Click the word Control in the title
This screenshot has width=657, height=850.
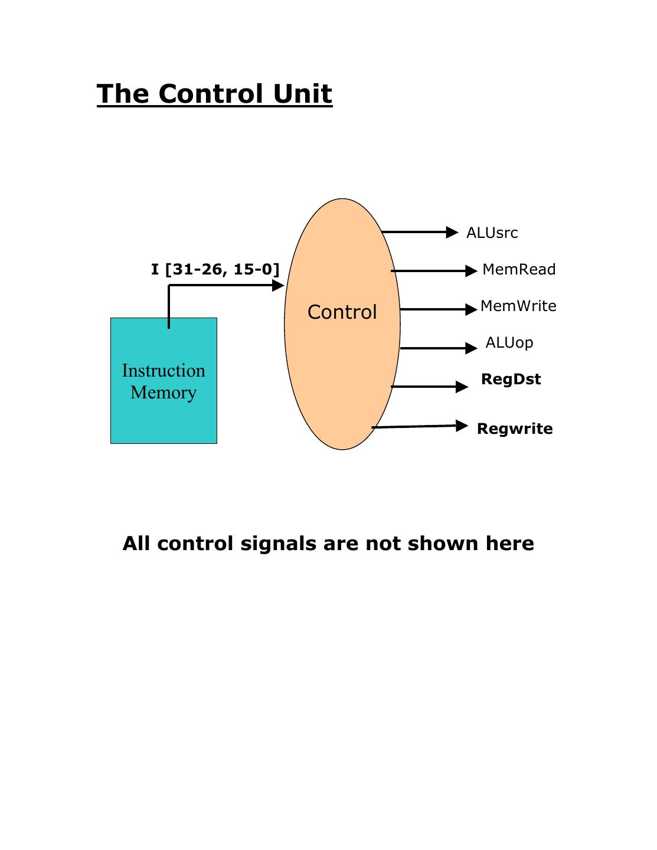pos(211,94)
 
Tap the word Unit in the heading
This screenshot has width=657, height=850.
pos(303,94)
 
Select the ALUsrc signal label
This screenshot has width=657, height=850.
pos(492,233)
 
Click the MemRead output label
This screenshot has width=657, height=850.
pos(519,270)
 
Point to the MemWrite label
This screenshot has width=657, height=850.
pos(518,306)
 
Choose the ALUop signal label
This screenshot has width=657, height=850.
pos(509,343)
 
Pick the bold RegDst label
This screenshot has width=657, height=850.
pos(511,380)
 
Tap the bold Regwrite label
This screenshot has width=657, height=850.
pos(515,429)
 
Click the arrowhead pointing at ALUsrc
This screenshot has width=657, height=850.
pos(452,233)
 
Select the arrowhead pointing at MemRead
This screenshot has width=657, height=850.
pos(471,271)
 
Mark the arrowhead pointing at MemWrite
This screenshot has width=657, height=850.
pos(471,309)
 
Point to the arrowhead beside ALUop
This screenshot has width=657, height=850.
pos(471,348)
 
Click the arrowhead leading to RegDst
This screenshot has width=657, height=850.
pos(462,387)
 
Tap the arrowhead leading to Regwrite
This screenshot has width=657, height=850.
pos(462,426)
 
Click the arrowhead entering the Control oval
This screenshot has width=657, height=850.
pos(278,286)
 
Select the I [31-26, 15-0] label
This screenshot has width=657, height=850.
pos(215,270)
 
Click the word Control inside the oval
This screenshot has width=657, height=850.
pos(342,312)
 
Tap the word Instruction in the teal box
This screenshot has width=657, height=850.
pos(164,371)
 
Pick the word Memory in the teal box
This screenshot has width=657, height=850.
pos(164,393)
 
